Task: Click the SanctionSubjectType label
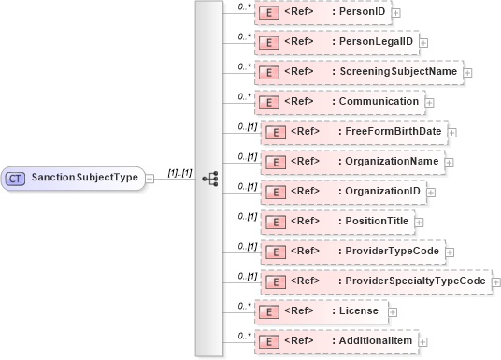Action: (x=84, y=177)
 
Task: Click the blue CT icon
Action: (x=16, y=177)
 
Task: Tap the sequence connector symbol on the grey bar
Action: (x=209, y=177)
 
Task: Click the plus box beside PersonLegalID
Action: (x=423, y=42)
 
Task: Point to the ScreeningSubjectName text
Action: (x=398, y=72)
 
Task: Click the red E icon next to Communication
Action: (x=269, y=102)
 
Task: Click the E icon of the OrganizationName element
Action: (x=276, y=163)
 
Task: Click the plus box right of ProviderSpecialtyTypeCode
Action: (x=494, y=281)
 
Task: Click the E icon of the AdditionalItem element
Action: (x=269, y=341)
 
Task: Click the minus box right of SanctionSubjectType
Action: (x=150, y=178)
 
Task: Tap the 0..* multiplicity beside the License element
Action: (x=244, y=305)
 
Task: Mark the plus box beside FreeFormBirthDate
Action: (x=452, y=132)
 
